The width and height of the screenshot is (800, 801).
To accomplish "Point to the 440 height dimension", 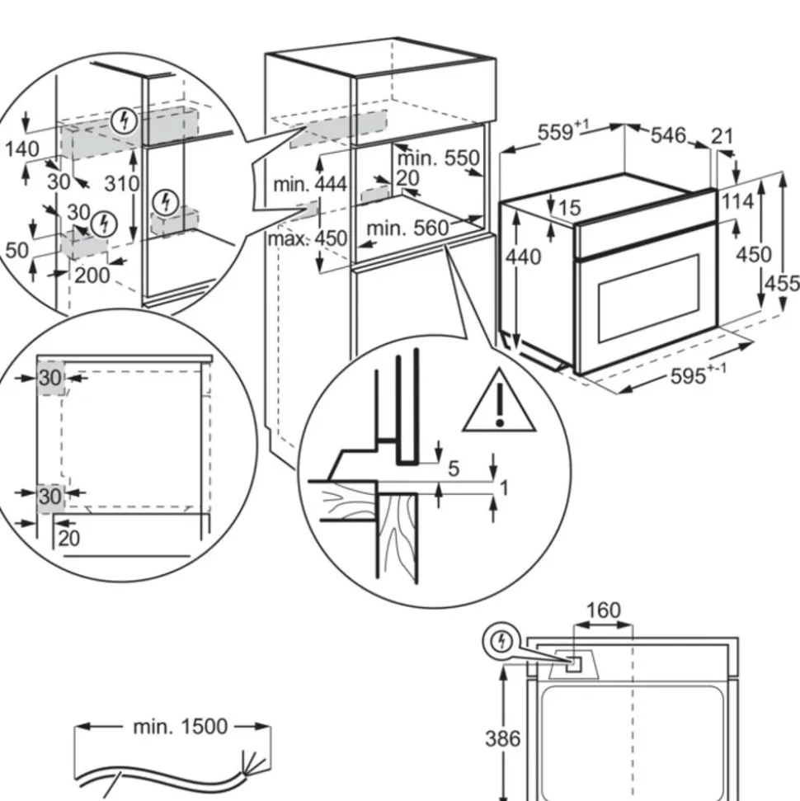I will (x=525, y=257).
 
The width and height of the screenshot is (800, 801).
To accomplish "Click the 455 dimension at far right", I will (x=783, y=283).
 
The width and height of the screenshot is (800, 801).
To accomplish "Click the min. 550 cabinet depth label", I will (x=439, y=158).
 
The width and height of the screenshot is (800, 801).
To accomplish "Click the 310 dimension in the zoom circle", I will (x=123, y=183).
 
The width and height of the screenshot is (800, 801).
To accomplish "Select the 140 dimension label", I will (x=21, y=149).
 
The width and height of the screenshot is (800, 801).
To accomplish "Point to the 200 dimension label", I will (x=92, y=275).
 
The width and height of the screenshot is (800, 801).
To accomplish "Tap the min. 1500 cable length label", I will (x=180, y=726).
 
